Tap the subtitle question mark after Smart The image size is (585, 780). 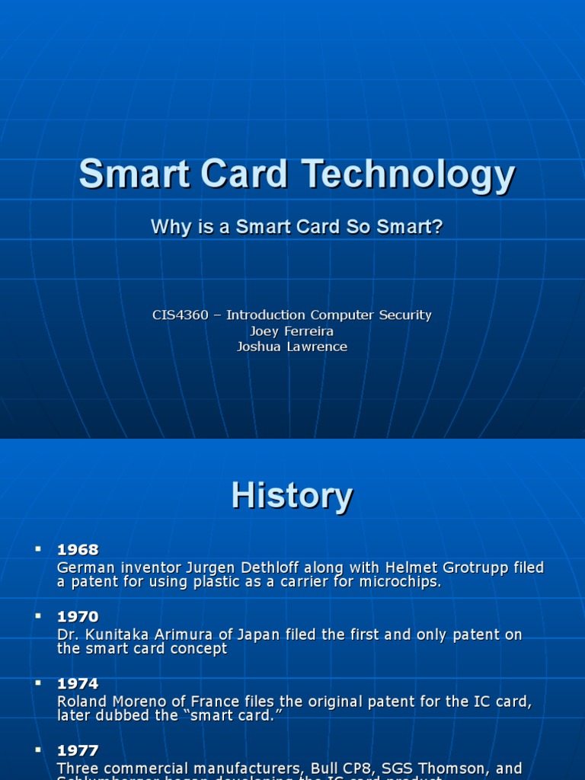438,226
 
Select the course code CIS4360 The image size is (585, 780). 180,315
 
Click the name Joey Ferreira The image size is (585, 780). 292,331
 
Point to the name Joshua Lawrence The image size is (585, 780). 292,347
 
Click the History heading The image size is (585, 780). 292,496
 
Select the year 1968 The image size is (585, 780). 78,550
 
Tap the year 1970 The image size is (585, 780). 78,616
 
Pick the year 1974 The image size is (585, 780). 78,683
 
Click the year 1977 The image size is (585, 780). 78,750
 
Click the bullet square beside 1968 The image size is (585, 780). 37,549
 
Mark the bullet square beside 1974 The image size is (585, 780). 37,682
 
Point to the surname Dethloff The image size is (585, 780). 263,567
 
